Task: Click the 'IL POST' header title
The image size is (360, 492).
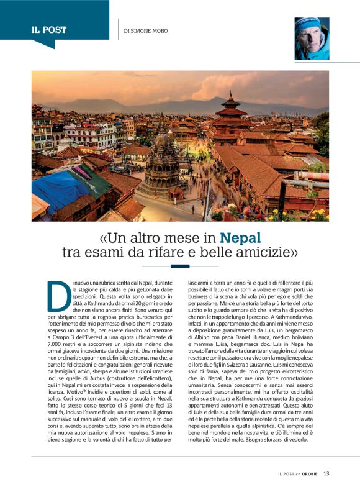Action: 49,30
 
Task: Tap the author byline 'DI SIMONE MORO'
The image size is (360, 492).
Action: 146,31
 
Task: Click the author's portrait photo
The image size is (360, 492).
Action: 312,38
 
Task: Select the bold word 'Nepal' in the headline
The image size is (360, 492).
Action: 241,238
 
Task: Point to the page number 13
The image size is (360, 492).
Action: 326,473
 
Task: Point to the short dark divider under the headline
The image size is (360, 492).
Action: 180,266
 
